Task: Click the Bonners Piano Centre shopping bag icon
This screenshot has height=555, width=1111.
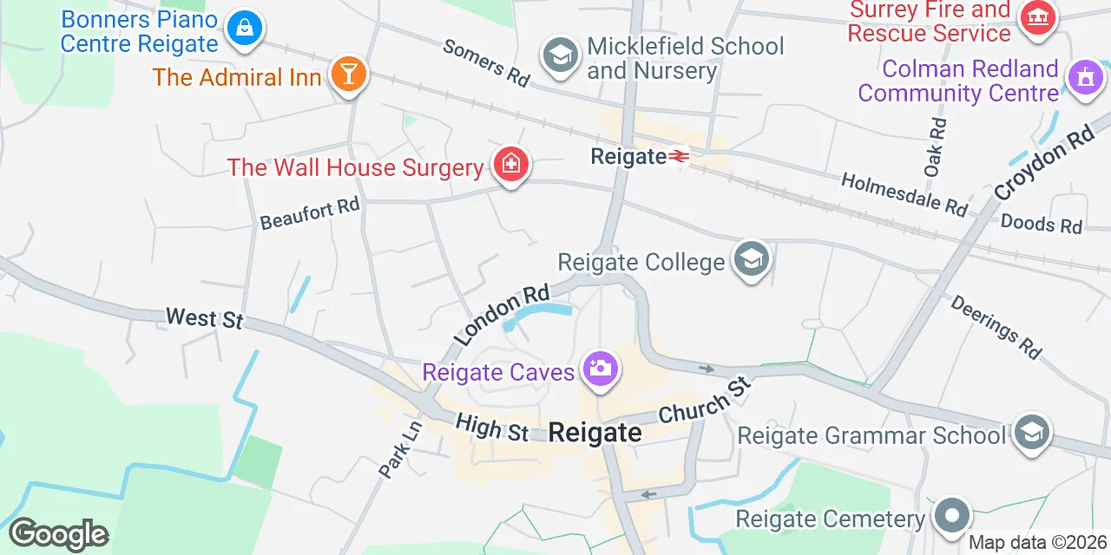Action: coord(244,29)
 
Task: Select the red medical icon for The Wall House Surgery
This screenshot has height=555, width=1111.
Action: coord(510,163)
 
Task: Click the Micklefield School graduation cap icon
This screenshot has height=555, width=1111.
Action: coord(561,56)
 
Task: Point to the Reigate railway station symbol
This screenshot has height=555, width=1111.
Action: coord(679,156)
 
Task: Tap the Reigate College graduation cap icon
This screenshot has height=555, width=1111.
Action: coord(751,258)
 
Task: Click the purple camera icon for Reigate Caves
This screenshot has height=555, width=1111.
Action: coord(600,369)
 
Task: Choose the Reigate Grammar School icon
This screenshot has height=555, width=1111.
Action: coord(1032,431)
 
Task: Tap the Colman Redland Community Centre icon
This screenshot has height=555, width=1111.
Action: coord(1084,78)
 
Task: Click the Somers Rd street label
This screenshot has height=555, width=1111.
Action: coord(486,62)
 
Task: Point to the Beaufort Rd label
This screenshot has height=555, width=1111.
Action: coord(310,213)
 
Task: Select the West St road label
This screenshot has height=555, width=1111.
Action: coord(204,318)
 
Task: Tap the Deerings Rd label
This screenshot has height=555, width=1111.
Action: coord(996,327)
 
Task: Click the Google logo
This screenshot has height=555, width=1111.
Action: coord(58,534)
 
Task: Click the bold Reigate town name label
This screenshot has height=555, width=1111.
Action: coord(595,432)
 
